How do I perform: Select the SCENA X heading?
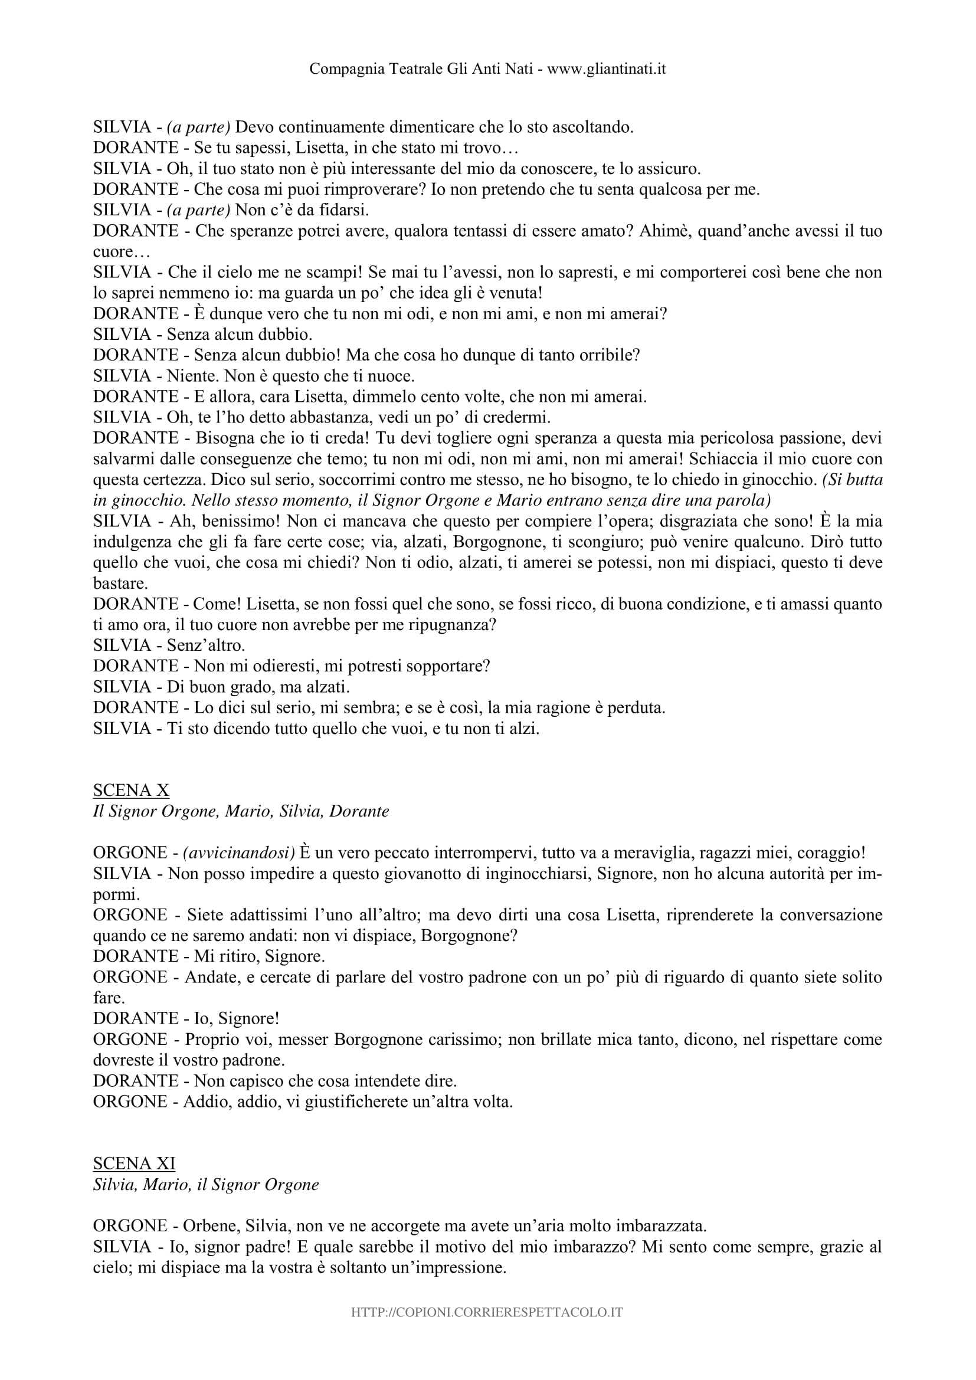pos(131,791)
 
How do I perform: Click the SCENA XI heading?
pos(134,1163)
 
